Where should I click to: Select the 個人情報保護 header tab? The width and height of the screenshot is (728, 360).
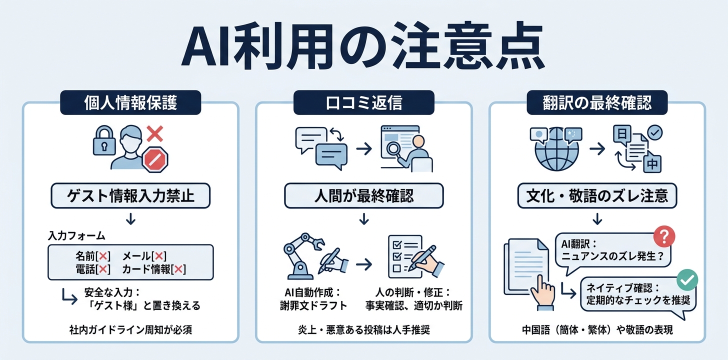130,102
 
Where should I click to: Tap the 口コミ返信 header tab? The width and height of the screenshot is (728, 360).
363,102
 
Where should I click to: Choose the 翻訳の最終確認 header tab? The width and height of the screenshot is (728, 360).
597,102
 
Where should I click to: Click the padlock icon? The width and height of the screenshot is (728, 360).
104,140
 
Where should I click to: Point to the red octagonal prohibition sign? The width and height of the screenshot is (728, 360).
155,159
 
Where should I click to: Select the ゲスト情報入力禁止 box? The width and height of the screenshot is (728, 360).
130,195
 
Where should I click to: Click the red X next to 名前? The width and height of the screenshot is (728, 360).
103,256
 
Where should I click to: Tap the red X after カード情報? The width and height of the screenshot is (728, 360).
178,269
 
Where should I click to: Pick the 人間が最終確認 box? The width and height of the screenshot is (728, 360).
363,195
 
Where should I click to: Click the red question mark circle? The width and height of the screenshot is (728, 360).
664,236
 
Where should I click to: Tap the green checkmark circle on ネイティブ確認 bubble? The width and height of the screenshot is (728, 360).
687,279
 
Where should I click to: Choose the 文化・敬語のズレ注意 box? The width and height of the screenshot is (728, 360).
597,195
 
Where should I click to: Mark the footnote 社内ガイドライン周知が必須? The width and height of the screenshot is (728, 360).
130,330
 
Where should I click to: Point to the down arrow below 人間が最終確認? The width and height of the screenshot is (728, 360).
363,219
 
